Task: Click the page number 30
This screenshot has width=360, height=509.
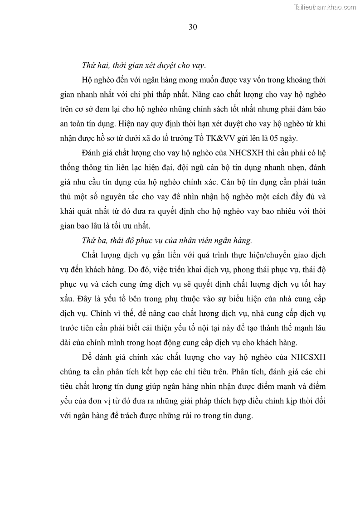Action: [192, 27]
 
